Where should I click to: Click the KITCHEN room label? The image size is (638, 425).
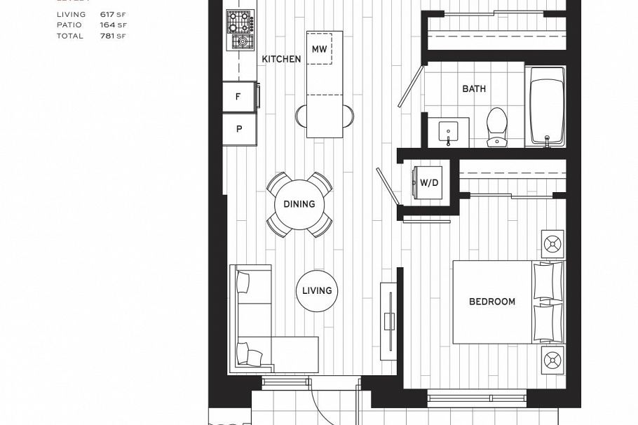coord(281,60)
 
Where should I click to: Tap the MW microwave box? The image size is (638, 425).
coord(320,49)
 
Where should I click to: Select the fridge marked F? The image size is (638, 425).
coord(238,97)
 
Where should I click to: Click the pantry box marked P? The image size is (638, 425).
coord(238,129)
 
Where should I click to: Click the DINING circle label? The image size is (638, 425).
coord(299,204)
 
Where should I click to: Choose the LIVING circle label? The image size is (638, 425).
coord(317,290)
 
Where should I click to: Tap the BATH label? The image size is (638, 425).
coord(474,89)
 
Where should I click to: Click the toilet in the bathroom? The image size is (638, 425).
coord(497,126)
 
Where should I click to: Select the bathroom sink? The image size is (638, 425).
coord(448,131)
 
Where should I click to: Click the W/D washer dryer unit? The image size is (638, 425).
coord(428,182)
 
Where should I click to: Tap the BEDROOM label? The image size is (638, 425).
coord(492,302)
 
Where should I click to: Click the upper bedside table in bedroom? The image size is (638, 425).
coord(552,244)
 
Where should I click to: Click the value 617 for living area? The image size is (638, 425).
coord(108,14)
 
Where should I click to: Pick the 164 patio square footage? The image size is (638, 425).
coord(108,25)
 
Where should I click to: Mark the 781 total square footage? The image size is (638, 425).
coord(108,36)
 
